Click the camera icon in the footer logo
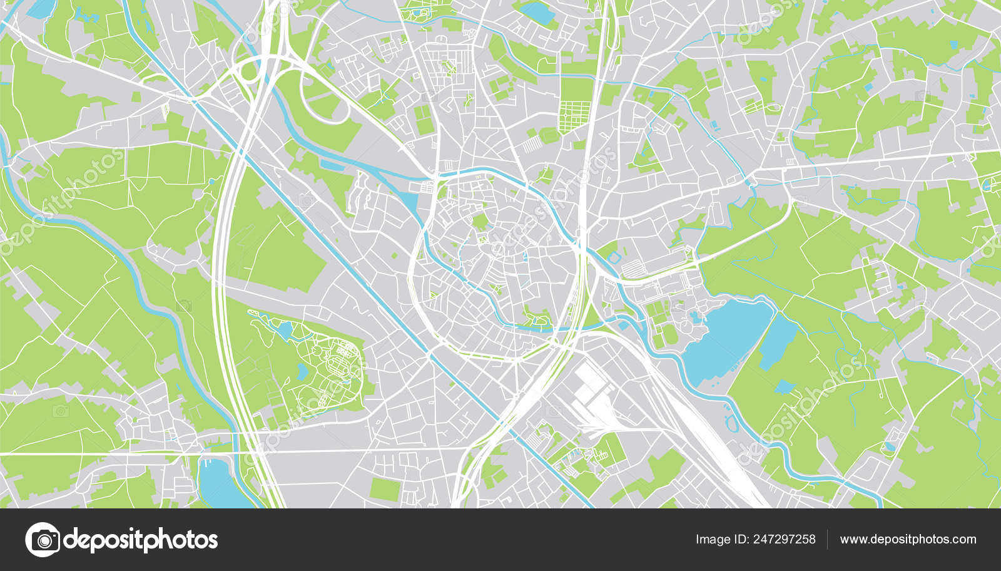point(43,539)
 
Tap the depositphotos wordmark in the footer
point(141,540)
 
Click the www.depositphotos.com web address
point(908,539)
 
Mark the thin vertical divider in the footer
point(827,539)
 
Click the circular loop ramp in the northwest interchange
point(250,71)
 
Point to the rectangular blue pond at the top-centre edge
point(536,11)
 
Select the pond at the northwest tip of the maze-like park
point(284,330)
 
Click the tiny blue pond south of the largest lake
point(784,387)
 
